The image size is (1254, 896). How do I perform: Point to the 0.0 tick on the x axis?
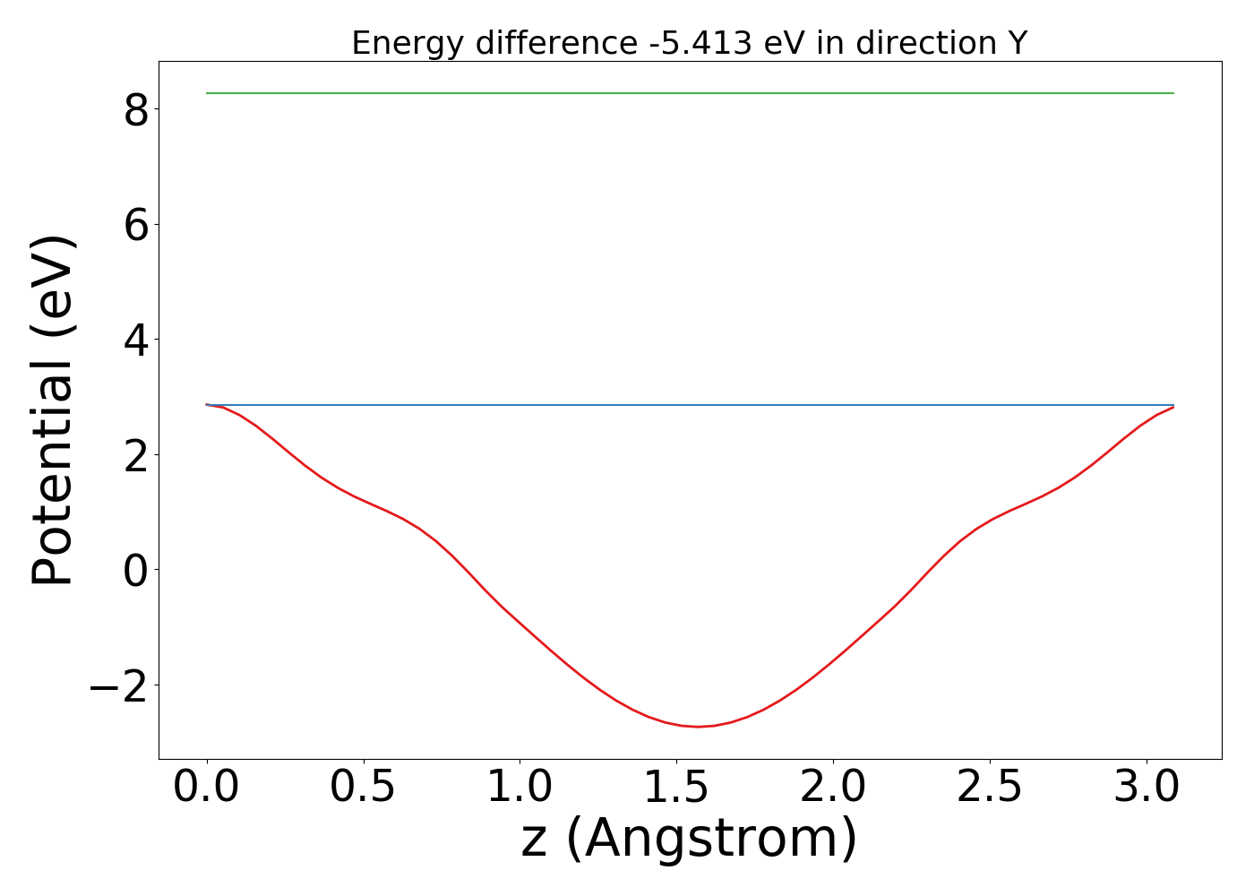pos(207,788)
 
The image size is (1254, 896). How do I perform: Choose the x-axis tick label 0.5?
pos(364,788)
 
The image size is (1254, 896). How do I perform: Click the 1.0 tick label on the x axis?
pos(520,788)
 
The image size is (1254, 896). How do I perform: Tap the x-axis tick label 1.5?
pos(676,788)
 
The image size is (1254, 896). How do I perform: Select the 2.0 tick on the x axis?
pos(833,788)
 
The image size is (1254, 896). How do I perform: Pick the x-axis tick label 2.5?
pos(989,788)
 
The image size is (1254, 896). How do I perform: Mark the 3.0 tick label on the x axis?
pos(1146,788)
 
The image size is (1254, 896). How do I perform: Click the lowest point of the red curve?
pos(698,726)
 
